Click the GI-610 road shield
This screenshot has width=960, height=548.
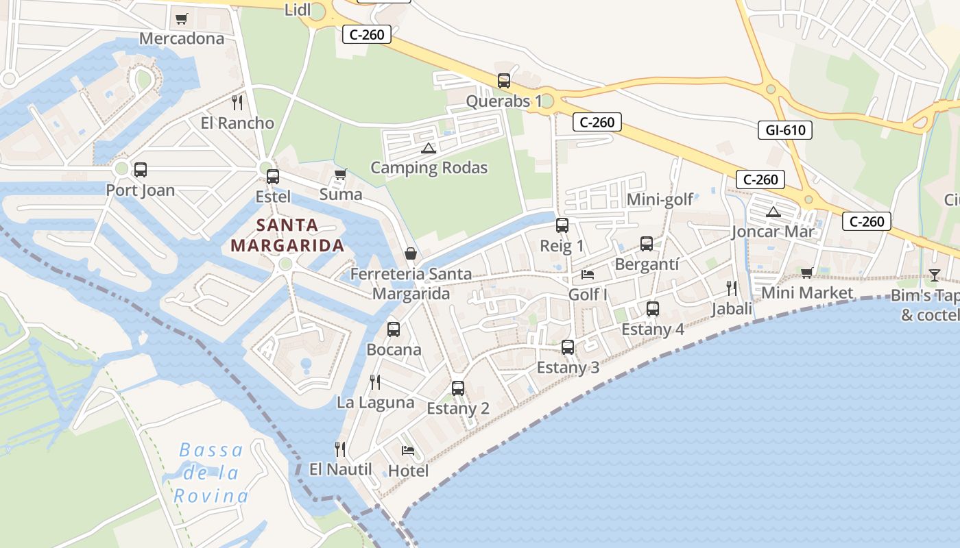784,129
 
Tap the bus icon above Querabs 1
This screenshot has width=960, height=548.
504,81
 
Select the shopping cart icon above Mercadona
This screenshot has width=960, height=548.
181,18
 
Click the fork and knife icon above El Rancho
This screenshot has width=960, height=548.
237,103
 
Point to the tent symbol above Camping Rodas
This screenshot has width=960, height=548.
429,147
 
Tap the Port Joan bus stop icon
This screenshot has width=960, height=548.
141,169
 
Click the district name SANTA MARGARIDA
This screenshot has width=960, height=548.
287,235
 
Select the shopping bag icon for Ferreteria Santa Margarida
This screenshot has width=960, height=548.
410,253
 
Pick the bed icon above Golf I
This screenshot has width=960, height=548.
588,275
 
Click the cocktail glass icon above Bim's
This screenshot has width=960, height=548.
935,275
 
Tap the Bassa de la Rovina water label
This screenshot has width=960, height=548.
211,473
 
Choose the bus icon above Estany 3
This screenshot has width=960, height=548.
568,347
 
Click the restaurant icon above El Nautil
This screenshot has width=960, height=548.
339,449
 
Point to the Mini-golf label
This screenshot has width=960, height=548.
660,199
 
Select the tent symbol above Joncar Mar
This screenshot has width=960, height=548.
773,212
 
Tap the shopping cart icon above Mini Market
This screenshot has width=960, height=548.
807,273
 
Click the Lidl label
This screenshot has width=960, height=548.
297,10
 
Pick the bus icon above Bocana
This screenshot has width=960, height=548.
394,329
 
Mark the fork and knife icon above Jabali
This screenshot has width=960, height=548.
732,288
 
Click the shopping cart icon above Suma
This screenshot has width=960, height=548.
340,174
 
